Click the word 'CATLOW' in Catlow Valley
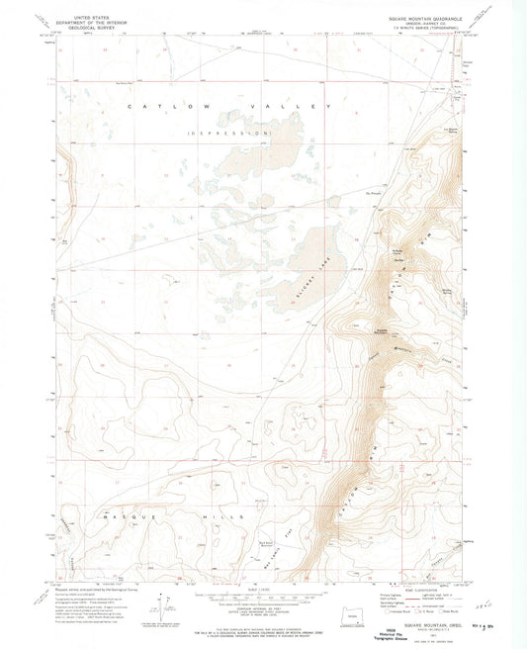(158, 106)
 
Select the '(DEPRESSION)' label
(230, 133)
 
